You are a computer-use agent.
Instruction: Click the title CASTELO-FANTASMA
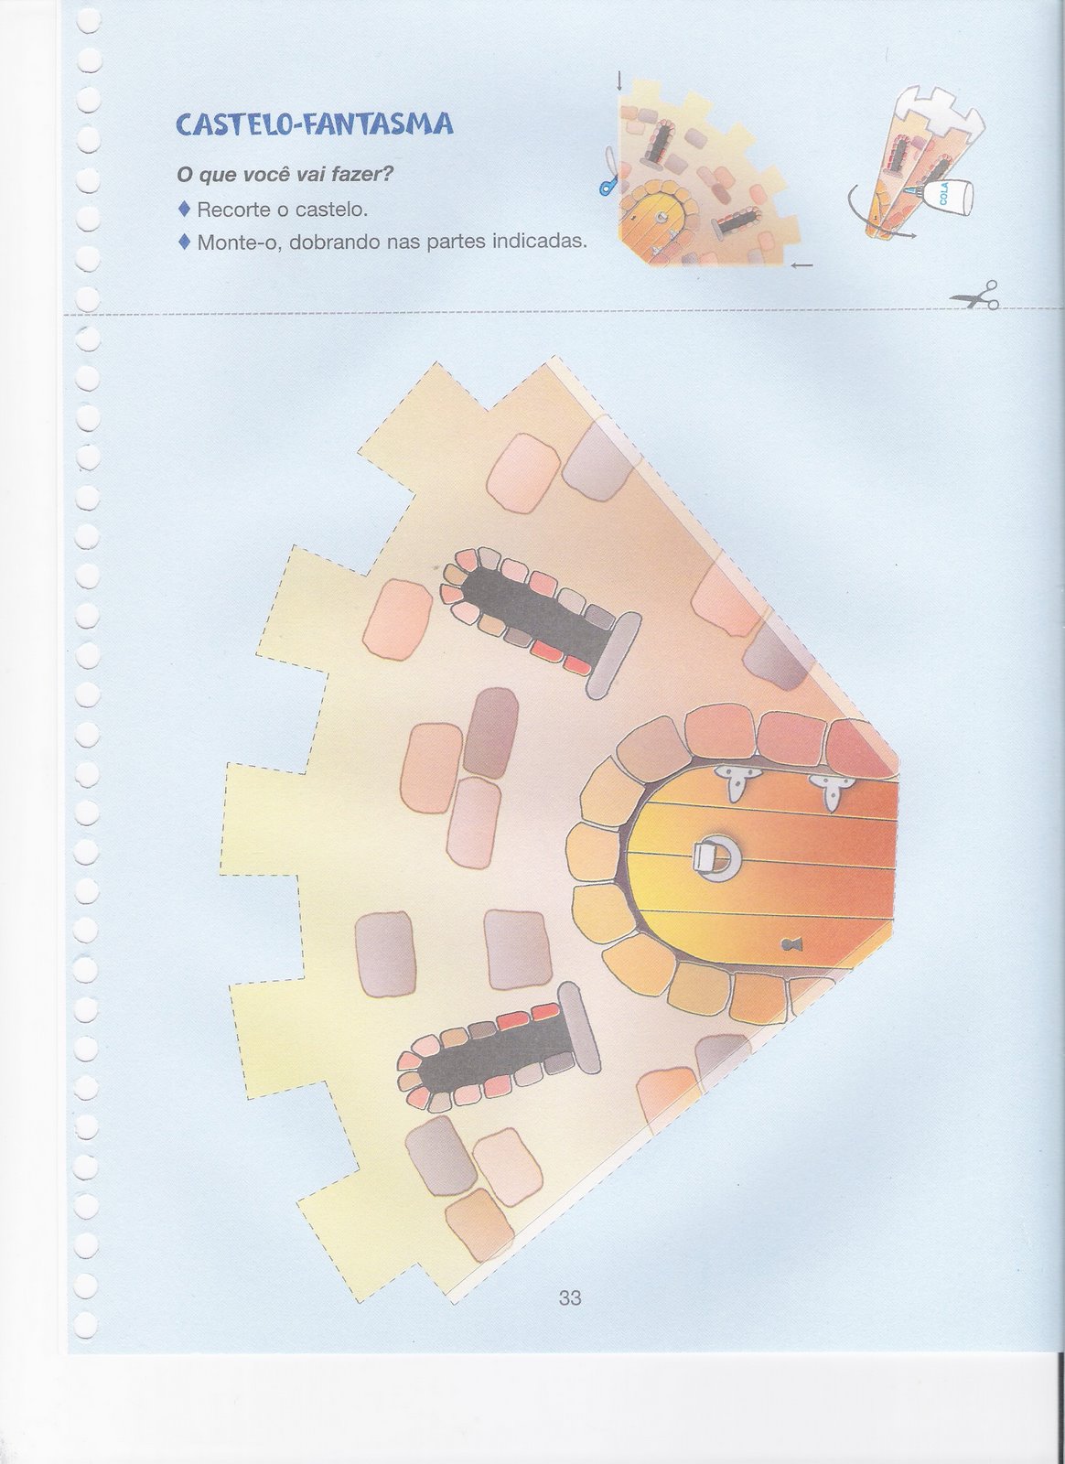(315, 123)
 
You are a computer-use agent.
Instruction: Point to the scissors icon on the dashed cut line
(974, 295)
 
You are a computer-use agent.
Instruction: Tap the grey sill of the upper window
(614, 655)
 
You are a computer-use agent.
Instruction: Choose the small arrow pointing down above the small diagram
(619, 81)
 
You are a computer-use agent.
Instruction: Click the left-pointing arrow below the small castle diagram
(801, 265)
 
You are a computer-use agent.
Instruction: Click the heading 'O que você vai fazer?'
(285, 175)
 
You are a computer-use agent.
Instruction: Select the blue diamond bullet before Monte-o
(184, 242)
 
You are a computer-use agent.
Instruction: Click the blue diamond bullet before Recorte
(184, 210)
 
